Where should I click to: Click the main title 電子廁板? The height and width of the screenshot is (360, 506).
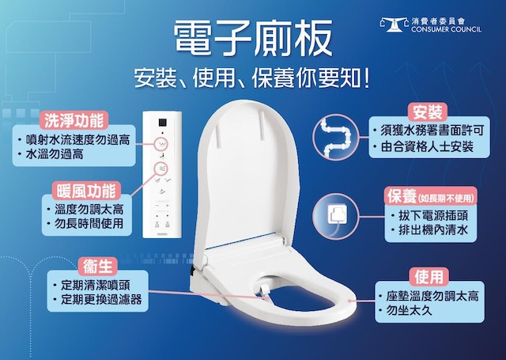(253, 38)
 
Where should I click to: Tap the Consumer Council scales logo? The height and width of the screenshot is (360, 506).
(395, 25)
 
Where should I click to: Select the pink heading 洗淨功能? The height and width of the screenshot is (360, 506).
(74, 120)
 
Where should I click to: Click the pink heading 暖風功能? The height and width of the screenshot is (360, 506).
(86, 191)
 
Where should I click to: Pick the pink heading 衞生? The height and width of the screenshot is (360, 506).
(98, 267)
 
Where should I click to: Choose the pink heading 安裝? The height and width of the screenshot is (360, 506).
(428, 112)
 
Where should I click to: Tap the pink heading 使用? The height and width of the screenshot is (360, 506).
(429, 277)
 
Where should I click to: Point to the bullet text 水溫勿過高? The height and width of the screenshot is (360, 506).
(55, 154)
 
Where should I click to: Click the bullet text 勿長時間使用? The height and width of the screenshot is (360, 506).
(89, 223)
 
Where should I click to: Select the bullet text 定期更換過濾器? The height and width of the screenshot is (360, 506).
(101, 299)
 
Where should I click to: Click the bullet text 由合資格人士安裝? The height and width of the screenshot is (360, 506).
(427, 146)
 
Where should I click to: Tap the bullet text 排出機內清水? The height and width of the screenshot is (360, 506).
(433, 230)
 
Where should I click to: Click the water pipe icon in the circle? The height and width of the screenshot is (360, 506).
(336, 137)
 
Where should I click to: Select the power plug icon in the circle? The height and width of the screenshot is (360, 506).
(336, 216)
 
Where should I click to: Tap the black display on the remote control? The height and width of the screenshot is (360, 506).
(162, 123)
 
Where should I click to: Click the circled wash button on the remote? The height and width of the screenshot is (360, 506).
(161, 144)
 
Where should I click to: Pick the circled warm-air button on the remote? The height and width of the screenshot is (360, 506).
(161, 169)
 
